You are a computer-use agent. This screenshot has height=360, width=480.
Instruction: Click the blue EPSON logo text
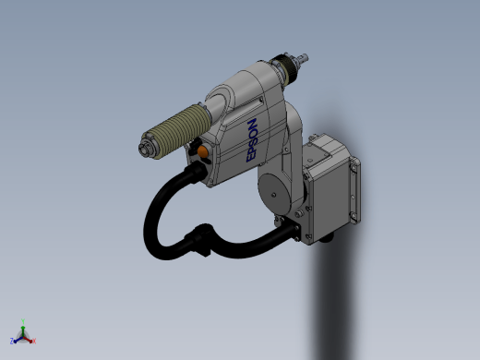click(251, 140)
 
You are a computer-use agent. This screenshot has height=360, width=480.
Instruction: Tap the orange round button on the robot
click(202, 151)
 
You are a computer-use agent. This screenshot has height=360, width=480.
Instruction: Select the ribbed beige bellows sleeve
click(176, 131)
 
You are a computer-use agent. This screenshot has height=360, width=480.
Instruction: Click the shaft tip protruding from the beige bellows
click(144, 149)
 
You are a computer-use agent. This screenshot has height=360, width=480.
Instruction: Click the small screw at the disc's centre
click(273, 195)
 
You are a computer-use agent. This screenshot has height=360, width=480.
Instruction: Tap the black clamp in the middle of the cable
click(200, 239)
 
